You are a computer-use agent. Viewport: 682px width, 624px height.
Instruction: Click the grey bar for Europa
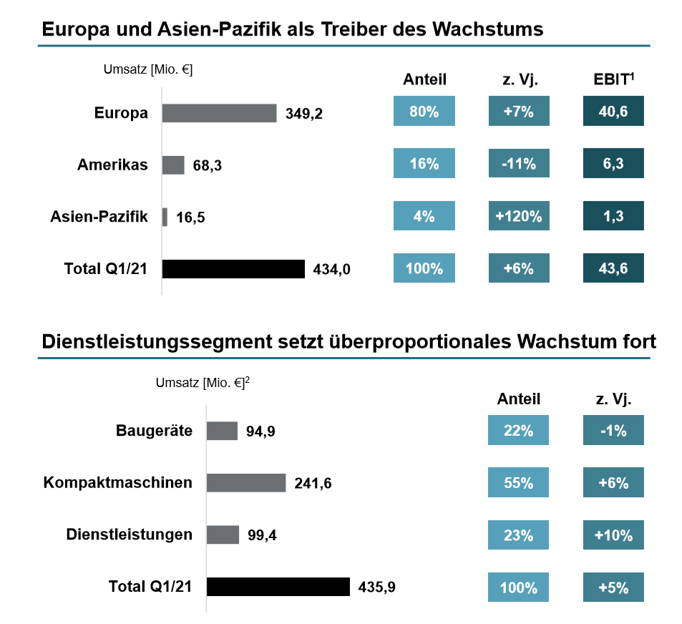pos(219,113)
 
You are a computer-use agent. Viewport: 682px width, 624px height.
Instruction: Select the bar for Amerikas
pos(173,165)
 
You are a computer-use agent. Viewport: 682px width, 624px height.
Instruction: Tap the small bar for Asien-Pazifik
pos(165,217)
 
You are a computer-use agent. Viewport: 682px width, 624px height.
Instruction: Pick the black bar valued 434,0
pos(233,269)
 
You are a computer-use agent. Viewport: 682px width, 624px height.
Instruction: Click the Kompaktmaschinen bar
pos(246,483)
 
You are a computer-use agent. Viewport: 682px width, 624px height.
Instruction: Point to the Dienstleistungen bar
pos(223,535)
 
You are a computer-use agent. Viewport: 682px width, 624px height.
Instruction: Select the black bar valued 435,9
pos(278,587)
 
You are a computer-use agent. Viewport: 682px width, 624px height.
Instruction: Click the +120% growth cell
pos(519,216)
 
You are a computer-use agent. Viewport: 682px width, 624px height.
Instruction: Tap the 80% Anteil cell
pos(424,112)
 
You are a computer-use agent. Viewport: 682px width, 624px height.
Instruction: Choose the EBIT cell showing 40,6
pos(613,112)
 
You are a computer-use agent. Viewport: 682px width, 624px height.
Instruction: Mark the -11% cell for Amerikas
pos(519,164)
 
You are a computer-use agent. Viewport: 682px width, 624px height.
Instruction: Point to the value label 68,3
pos(208,166)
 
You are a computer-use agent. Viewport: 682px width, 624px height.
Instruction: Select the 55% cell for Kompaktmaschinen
pos(518,482)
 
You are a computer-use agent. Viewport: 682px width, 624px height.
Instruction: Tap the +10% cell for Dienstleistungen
pos(613,535)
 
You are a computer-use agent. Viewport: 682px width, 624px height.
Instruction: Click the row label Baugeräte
pos(154,431)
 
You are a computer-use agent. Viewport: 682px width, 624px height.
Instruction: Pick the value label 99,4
pos(262,535)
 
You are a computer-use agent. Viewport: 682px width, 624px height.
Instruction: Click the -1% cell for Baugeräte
pos(613,430)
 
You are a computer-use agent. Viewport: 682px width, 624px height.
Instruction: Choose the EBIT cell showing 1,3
pos(613,216)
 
